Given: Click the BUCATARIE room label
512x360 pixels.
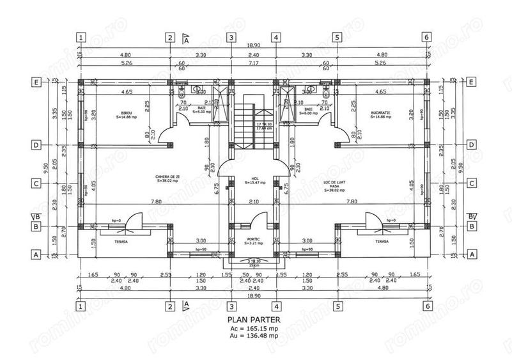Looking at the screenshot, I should coord(380,113).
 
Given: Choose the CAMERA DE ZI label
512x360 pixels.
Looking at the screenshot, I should coord(166,176).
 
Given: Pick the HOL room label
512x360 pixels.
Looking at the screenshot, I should coord(253,178).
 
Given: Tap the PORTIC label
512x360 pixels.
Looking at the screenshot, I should coord(253,239).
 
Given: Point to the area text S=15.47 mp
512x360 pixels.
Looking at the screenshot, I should coord(253,183).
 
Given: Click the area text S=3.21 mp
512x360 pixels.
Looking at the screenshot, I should coord(253,244).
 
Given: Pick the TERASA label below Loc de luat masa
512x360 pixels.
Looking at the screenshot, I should coord(382,242).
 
